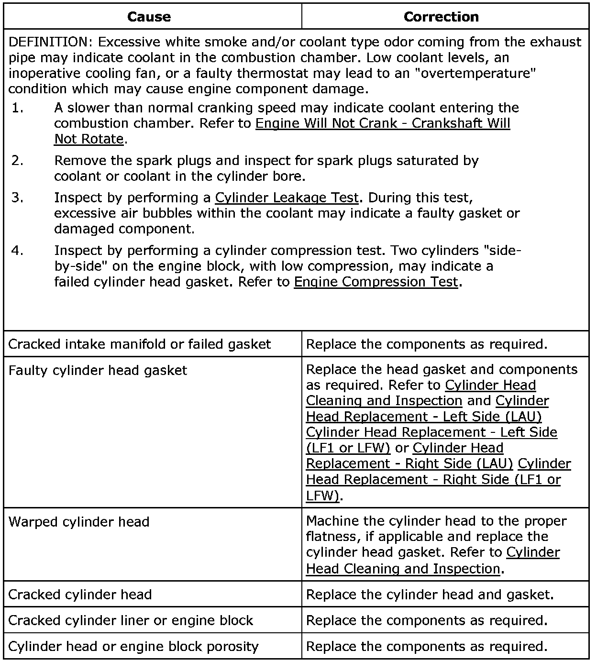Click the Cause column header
point(149,17)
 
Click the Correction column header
point(441,17)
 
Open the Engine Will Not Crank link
point(383,123)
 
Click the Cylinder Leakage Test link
point(287,198)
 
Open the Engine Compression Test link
point(376,282)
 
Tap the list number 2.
point(17,161)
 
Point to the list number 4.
point(17,251)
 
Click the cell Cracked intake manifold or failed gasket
point(140,344)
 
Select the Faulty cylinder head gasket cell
point(98,370)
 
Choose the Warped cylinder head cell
point(79,522)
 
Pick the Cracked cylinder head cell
point(80,595)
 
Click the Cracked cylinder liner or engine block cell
point(131,620)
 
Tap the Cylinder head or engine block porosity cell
point(133,647)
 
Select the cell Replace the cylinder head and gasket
point(430,595)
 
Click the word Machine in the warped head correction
point(332,521)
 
